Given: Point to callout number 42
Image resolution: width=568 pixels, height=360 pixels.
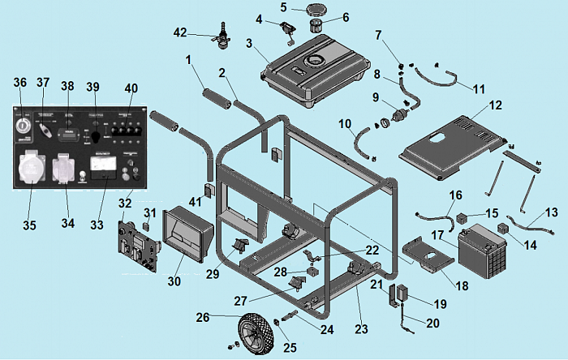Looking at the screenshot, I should [x=181, y=32].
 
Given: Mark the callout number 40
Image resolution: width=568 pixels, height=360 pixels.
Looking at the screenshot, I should [x=131, y=88].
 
